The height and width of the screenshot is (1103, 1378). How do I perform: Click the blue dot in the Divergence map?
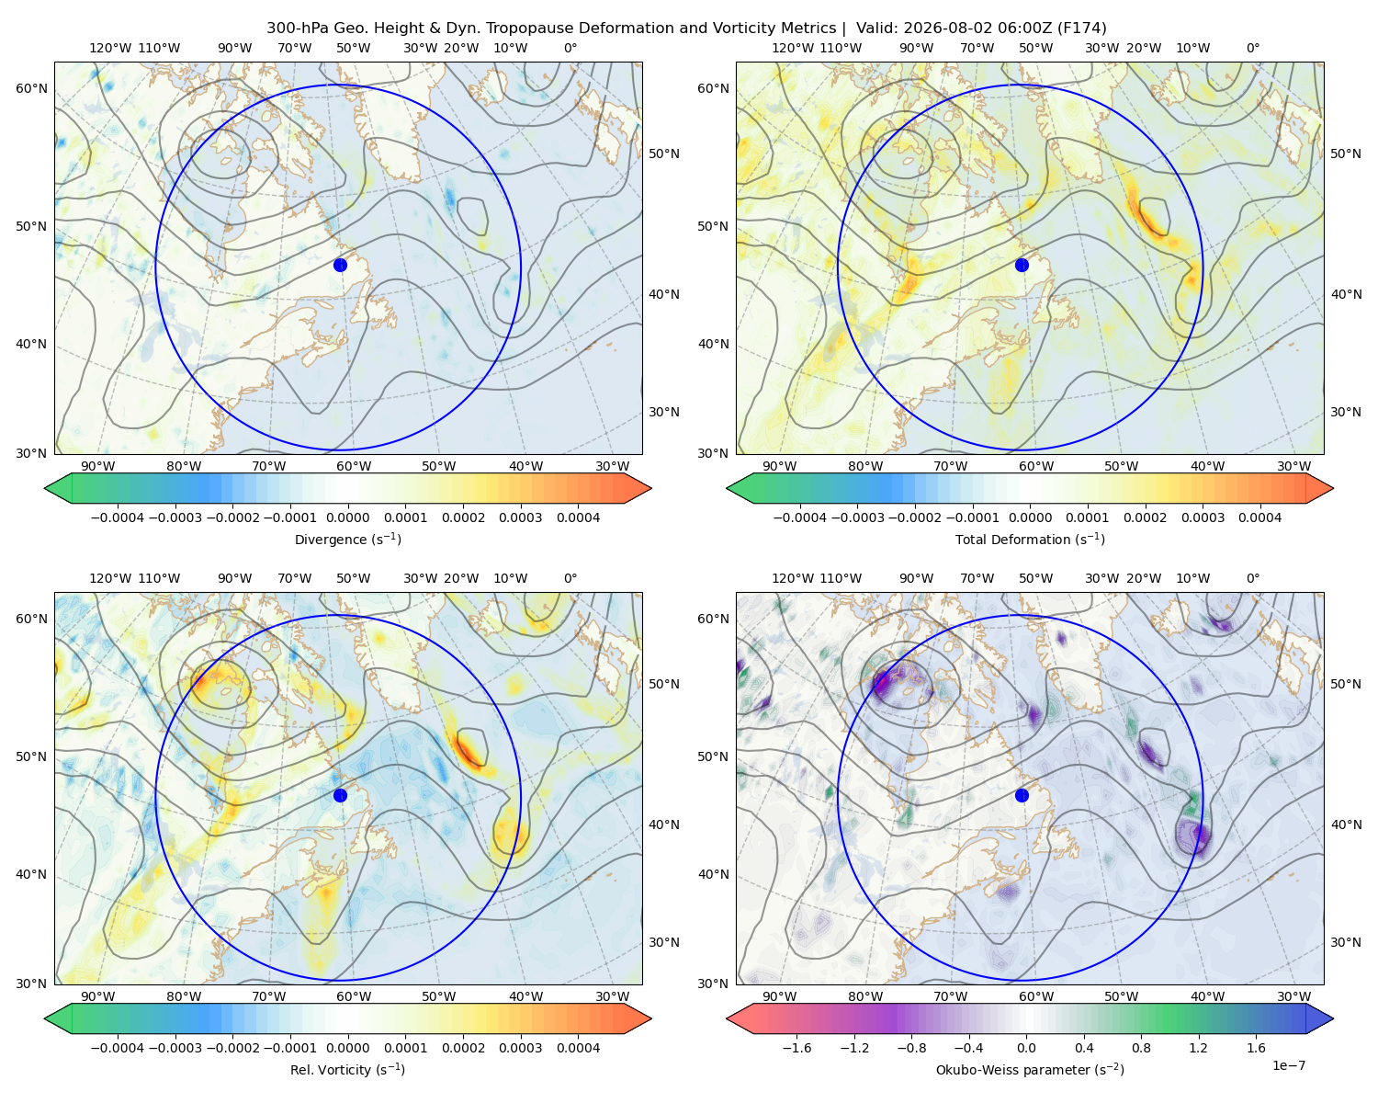[x=340, y=265]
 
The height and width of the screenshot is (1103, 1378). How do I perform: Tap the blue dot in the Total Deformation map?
[x=1022, y=265]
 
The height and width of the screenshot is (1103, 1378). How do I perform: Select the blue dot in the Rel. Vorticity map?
[x=340, y=795]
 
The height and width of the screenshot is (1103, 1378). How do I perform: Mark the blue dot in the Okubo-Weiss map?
[x=1022, y=795]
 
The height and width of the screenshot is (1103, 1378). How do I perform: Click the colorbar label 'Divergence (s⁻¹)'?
[x=347, y=539]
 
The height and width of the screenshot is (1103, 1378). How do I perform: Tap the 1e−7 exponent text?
[x=1288, y=1065]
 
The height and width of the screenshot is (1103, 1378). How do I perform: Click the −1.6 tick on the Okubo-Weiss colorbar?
[x=796, y=1048]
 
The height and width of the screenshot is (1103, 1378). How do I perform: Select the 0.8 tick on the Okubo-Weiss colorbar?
[x=1141, y=1048]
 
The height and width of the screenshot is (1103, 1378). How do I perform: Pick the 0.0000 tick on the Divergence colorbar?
[x=347, y=517]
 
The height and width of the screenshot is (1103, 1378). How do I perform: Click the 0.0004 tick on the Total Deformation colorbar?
[x=1259, y=517]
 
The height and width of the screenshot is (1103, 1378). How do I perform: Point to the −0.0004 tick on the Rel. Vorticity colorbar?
[x=118, y=1048]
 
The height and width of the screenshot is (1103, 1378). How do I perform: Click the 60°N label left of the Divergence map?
[x=31, y=88]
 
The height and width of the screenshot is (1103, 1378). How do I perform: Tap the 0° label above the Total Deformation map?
[x=1252, y=48]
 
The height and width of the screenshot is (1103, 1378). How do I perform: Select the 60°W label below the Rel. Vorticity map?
[x=354, y=996]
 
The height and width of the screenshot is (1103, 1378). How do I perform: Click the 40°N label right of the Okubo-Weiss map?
[x=1346, y=824]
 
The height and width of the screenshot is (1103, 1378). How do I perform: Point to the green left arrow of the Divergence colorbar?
[x=58, y=488]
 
